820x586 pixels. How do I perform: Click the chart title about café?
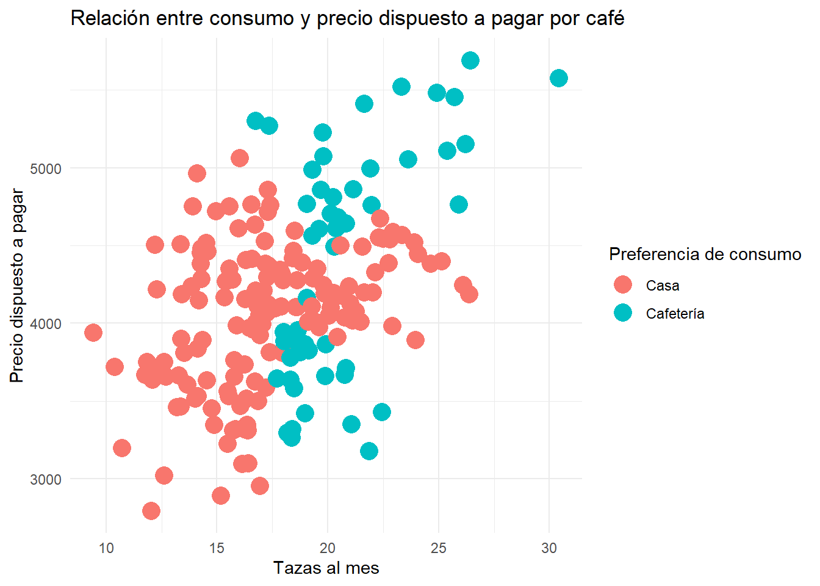pos(347,18)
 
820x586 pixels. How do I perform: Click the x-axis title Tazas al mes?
pos(326,568)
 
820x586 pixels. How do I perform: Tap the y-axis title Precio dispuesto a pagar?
pos(17,286)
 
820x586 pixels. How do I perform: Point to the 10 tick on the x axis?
pos(106,548)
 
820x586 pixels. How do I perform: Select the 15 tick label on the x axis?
pos(217,548)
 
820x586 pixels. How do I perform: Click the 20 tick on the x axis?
pos(328,548)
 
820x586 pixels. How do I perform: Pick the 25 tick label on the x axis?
pos(438,548)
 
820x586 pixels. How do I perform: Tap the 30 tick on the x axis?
pos(549,548)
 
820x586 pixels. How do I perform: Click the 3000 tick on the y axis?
pos(46,479)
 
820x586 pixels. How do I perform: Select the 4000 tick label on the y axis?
pos(46,324)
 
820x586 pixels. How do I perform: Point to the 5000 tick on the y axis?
pos(46,168)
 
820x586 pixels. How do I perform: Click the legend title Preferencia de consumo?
pos(705,254)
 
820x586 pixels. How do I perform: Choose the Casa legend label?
pos(663,286)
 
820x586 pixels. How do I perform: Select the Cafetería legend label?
pos(675,314)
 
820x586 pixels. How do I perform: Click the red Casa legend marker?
pos(623,285)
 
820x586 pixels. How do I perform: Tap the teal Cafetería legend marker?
pos(623,313)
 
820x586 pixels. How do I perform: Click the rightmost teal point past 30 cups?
pos(558,78)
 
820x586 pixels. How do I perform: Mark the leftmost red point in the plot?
pos(93,333)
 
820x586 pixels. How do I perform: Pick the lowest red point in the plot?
pos(151,510)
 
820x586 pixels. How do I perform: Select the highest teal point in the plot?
pos(470,60)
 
